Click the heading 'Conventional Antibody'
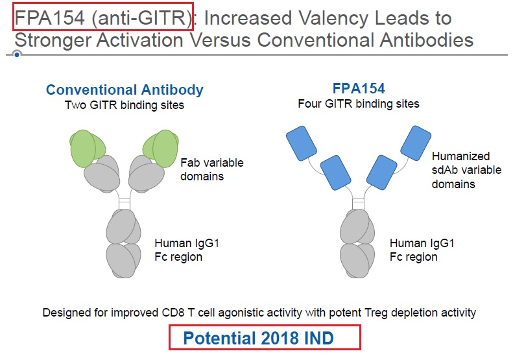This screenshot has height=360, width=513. coord(125,90)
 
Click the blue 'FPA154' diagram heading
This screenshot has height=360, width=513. coord(358,89)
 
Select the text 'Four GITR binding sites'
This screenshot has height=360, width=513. coord(359,103)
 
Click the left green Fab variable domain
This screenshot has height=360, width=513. coord(87,146)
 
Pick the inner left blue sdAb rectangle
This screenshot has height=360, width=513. coord(334,173)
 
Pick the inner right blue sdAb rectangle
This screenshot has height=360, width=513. coord(382,173)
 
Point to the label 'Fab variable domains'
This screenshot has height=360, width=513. coord(211,169)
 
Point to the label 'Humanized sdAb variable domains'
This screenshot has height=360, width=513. coord(460,170)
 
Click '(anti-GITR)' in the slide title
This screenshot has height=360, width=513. coord(141,18)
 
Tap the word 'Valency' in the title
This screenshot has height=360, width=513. coord(334,18)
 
